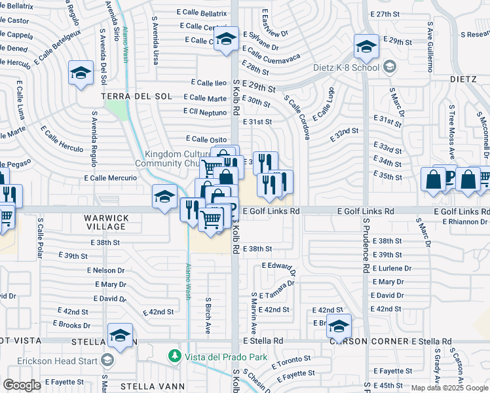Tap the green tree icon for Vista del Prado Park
(x=174, y=356)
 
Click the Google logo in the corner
(x=22, y=385)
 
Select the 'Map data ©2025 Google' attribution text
(x=449, y=388)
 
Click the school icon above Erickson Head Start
(x=120, y=336)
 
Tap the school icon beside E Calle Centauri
(x=226, y=39)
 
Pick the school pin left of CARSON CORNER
(x=339, y=326)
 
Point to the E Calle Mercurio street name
(x=111, y=178)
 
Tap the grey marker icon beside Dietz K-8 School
(x=390, y=67)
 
